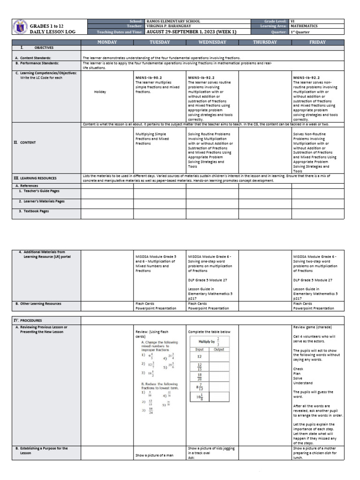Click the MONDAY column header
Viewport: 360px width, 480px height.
pyautogui.click(x=107, y=42)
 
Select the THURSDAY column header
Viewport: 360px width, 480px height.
pyautogui.click(x=265, y=42)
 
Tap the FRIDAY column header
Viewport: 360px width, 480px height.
pyautogui.click(x=318, y=42)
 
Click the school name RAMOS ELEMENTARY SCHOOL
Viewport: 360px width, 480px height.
pyautogui.click(x=173, y=22)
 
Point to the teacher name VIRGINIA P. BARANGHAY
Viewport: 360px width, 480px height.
pyautogui.click(x=170, y=27)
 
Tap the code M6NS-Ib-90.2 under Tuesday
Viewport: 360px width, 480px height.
pyautogui.click(x=149, y=77)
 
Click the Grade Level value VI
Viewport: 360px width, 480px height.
pyautogui.click(x=292, y=22)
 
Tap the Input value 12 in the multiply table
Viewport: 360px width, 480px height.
pyautogui.click(x=199, y=356)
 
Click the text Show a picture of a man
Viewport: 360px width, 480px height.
pyautogui.click(x=154, y=455)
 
